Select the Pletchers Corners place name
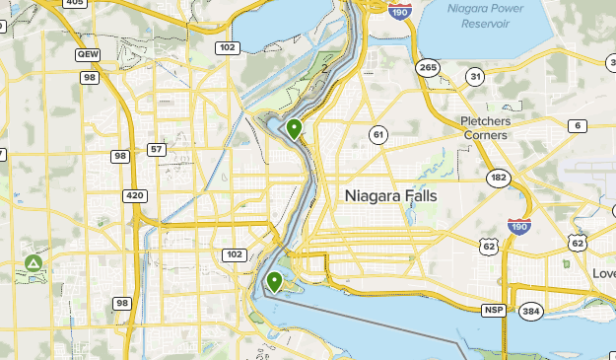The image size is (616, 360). [499, 127]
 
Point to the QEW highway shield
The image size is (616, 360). [88, 55]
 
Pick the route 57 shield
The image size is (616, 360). [156, 149]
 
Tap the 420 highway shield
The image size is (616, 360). [135, 195]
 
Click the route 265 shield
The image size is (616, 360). [427, 67]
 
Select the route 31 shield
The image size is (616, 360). [475, 77]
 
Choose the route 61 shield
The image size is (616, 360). [377, 133]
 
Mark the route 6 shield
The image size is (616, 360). [577, 125]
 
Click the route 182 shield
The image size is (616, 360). [498, 177]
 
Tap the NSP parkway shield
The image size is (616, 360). [493, 311]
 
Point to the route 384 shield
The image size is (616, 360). [530, 312]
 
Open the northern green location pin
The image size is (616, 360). [294, 127]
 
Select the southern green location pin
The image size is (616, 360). [274, 282]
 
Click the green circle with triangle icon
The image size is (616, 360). [33, 263]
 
